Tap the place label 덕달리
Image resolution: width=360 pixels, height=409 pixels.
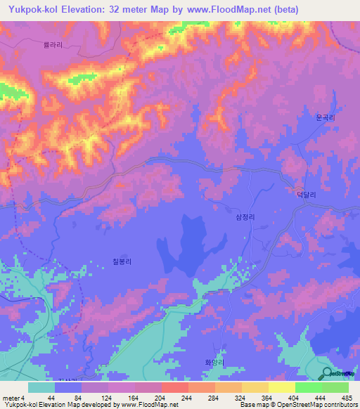tap(304, 199)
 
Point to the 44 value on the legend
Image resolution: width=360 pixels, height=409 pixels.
tap(51, 397)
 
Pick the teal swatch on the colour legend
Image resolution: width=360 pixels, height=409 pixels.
tap(41, 387)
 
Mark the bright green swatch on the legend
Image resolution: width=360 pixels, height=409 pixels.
tap(309, 387)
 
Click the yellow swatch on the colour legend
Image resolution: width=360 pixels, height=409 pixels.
tap(282, 387)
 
